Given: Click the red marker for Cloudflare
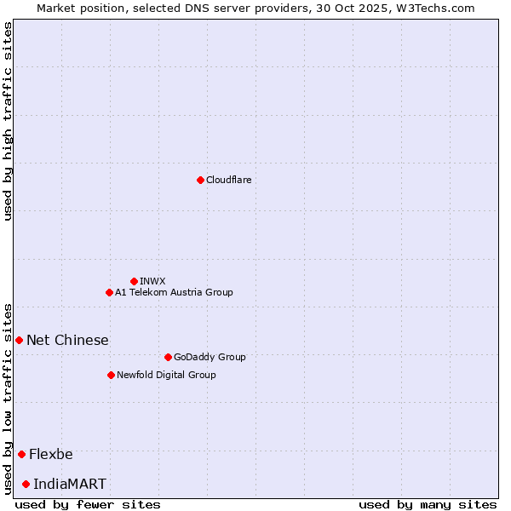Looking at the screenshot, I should pos(200,180).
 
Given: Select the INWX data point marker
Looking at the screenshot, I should pos(134,281).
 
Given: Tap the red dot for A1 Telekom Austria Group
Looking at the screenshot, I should pos(109,292).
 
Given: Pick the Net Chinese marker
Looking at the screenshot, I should pos(19,340).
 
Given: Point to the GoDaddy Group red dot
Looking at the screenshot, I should pos(168,357).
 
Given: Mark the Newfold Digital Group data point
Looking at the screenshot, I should pos(111,375).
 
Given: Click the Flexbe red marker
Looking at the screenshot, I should pos(21,454).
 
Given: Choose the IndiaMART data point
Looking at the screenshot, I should pos(26,484).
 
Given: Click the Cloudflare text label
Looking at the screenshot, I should pos(228,180).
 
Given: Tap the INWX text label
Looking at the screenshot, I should pos(152,281).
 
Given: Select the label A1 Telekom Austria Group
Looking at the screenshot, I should pos(174,292).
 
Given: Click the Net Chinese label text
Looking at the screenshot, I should pos(67,340).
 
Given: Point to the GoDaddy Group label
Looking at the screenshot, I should pos(209,357).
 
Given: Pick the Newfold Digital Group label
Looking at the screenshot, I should pos(166,375).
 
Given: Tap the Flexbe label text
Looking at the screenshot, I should pos(51,454).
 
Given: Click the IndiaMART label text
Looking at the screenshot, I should pos(70,484).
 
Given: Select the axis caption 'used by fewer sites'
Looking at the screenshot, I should pos(88,504).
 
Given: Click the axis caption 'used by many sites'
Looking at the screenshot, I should pos(428,504).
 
